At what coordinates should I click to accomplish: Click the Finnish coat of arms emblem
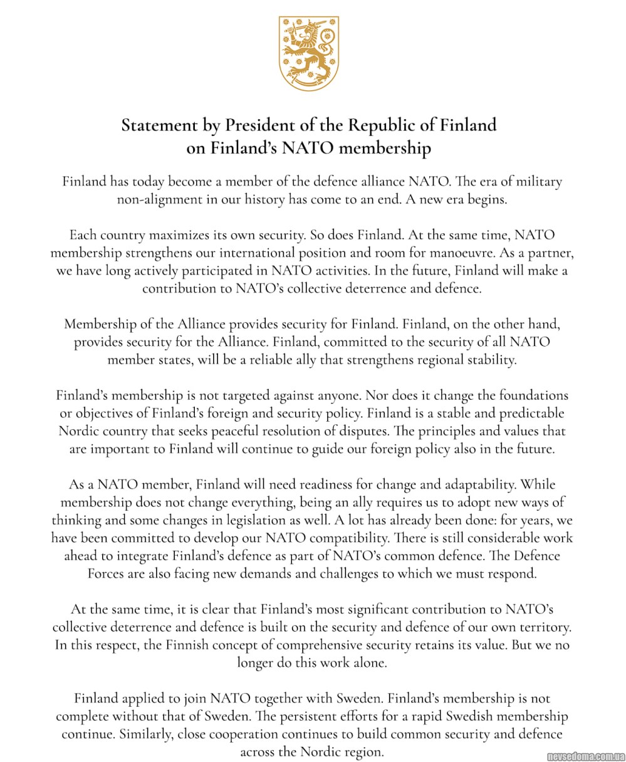pos(308,54)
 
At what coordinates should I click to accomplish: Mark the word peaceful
pos(263,432)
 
